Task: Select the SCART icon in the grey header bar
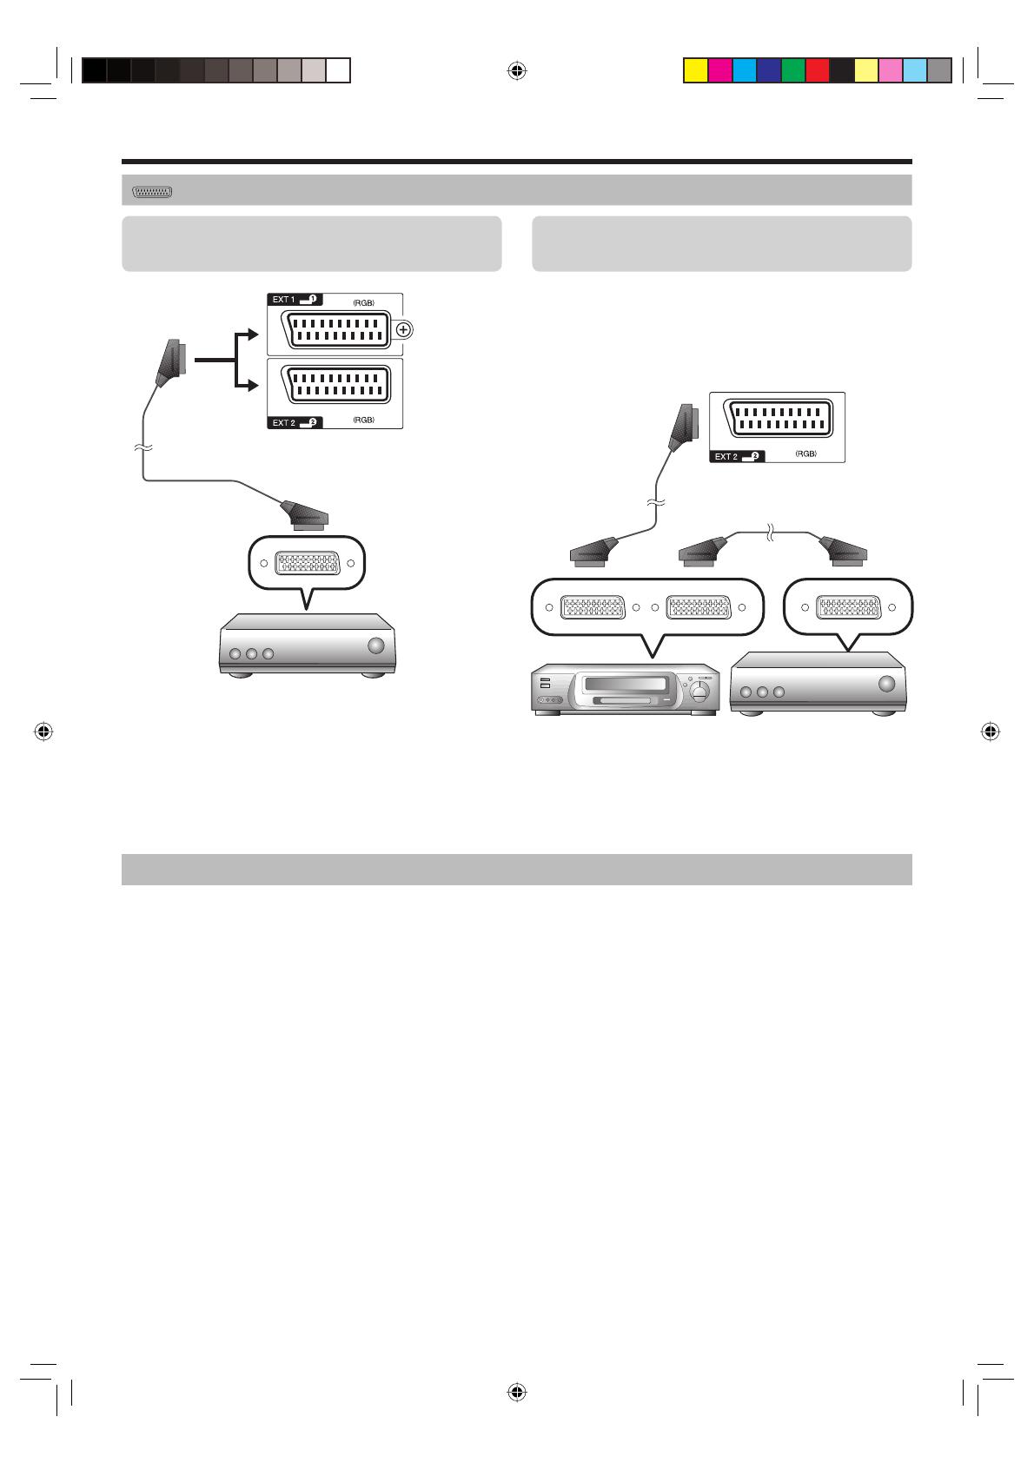coord(152,191)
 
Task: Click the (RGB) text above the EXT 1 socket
coord(363,302)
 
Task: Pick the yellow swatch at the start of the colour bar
coord(696,70)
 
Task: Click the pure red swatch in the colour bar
coord(818,70)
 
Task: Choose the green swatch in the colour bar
coord(793,70)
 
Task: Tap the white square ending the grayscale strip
coord(338,70)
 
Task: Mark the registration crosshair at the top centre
coord(517,70)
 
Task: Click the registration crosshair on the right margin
coord(989,731)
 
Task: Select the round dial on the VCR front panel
coord(699,692)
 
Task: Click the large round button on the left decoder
coord(375,645)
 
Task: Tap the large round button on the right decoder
coord(886,684)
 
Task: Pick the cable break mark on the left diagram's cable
coord(143,447)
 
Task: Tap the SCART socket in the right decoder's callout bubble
coord(849,607)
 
